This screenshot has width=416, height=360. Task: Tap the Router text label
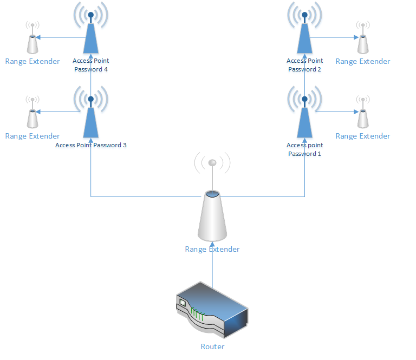212,346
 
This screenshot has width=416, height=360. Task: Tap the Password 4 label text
91,69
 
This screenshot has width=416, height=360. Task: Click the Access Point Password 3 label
91,145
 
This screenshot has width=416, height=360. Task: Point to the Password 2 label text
304,69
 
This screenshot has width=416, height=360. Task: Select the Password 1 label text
304,154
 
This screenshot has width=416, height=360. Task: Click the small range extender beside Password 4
32,43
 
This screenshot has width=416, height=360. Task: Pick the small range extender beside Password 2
362,43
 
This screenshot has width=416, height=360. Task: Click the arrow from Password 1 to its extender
336,112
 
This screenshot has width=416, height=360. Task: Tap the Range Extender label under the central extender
212,249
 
